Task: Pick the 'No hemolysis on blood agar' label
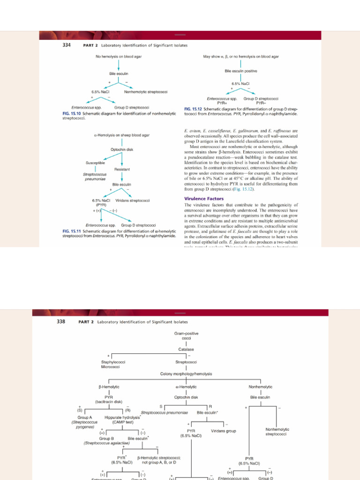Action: pos(119,56)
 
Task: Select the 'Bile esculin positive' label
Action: pos(241,71)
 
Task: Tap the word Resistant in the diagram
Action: pos(122,169)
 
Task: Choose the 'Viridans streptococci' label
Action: pos(133,201)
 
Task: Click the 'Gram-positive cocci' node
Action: pos(186,335)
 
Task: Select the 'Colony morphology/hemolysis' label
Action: pos(186,374)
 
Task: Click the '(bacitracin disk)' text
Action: pos(109,402)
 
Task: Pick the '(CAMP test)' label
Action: pos(123,422)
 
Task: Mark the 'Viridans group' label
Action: pos(224,431)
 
